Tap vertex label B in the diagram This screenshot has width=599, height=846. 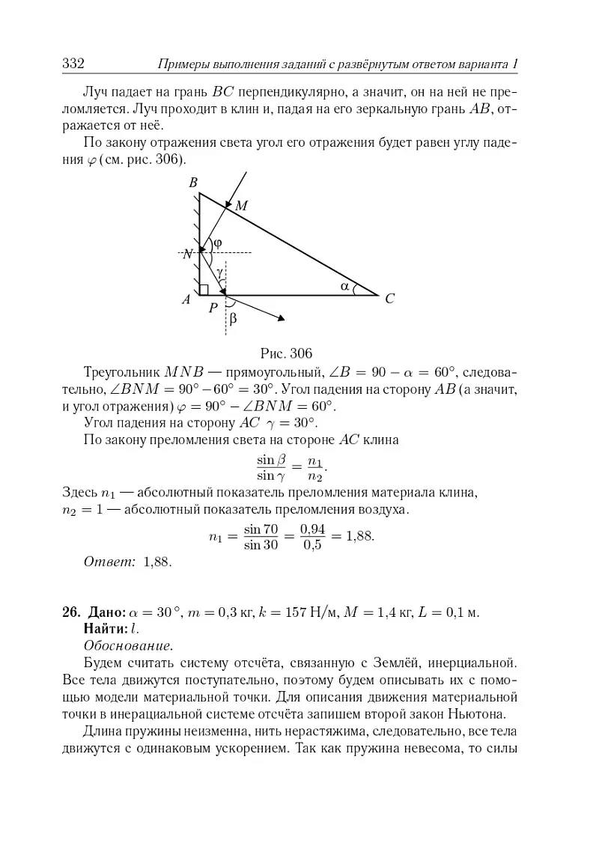coord(192,183)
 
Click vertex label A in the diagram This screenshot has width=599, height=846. coord(186,299)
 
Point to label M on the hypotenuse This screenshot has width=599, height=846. coord(242,205)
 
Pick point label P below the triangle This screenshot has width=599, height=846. coord(213,308)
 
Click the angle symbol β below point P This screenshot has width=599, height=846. coord(233,318)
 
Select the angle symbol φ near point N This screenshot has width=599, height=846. coord(218,243)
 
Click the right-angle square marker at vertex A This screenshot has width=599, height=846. coord(204,290)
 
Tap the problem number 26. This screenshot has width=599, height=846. coord(70,612)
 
